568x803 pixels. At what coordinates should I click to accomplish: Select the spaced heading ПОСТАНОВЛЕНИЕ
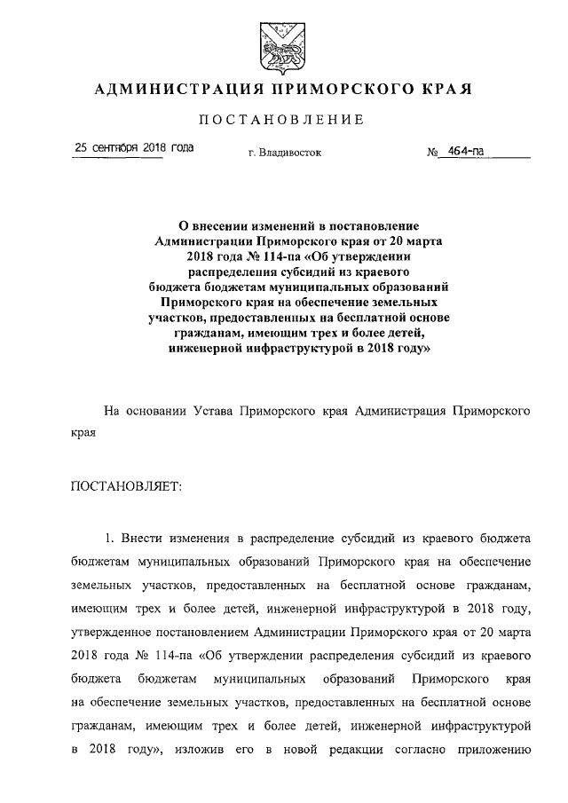(x=282, y=120)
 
